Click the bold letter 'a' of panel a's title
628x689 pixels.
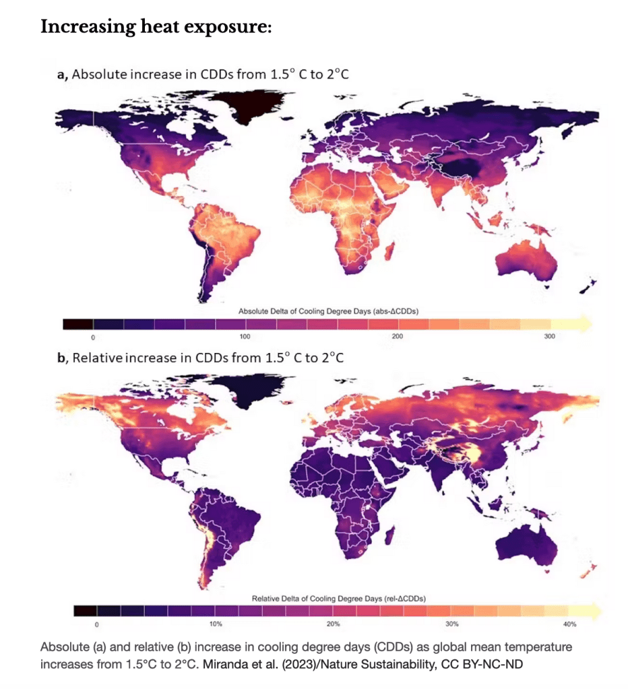pos(60,75)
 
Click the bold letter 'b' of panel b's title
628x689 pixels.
pos(61,357)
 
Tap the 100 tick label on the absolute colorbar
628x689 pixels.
pos(245,335)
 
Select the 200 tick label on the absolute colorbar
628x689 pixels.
pos(397,335)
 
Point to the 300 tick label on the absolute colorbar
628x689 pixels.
pos(550,335)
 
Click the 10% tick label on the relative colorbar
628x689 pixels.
pos(216,624)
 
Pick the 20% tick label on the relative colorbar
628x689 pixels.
pos(333,624)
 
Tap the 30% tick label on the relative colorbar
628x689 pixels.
pos(452,624)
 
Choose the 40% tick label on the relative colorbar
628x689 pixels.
pos(570,624)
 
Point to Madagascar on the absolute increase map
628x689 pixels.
pos(388,252)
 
